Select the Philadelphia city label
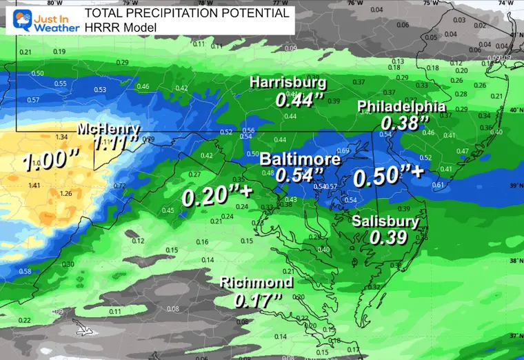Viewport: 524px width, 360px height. (x=401, y=107)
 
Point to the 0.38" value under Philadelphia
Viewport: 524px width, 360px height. (x=401, y=123)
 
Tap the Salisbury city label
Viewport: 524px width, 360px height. (x=385, y=221)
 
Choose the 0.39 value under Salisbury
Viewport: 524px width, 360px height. (x=386, y=237)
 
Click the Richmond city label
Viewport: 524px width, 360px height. (x=256, y=283)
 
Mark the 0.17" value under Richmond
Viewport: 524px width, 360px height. (x=259, y=300)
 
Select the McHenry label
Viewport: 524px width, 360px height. (x=108, y=129)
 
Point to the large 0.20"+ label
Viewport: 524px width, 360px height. (x=214, y=197)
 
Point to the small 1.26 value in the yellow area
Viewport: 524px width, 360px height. (x=66, y=193)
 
